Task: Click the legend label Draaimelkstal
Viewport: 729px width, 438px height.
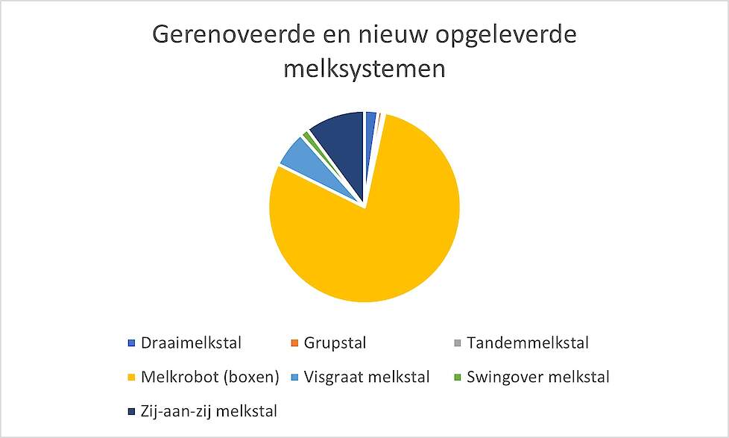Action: coord(191,343)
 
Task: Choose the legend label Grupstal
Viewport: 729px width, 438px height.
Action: coord(335,343)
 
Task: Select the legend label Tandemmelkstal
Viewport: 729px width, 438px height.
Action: coord(528,343)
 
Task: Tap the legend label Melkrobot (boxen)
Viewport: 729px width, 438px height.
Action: coord(209,377)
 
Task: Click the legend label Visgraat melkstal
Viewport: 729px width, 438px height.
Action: coord(366,377)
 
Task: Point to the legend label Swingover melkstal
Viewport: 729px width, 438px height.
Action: coord(538,377)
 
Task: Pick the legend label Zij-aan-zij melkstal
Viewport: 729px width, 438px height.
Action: coord(209,411)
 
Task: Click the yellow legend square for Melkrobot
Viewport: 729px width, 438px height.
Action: coord(132,377)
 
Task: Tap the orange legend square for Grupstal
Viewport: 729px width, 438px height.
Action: coord(294,343)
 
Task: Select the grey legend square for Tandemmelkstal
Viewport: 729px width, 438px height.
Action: coord(458,343)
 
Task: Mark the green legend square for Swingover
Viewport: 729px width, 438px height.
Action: coord(458,377)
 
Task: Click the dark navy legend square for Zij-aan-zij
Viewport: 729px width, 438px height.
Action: coord(132,411)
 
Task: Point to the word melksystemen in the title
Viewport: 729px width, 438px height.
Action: coord(364,69)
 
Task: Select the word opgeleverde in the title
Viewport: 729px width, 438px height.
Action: coord(506,35)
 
